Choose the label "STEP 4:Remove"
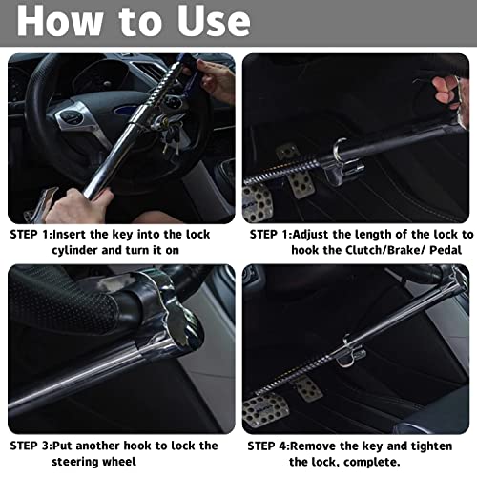(297, 444)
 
